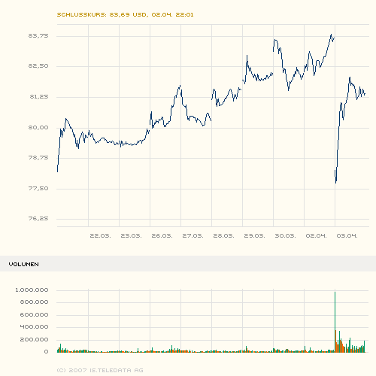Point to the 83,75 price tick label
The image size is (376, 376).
[x=38, y=35]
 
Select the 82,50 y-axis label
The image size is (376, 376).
[x=38, y=66]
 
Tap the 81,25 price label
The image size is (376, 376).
[x=38, y=96]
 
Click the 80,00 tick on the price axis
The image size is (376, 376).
[x=38, y=127]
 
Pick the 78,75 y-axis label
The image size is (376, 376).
[x=38, y=158]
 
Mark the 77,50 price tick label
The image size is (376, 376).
[x=38, y=188]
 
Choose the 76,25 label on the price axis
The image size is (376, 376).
[x=38, y=219]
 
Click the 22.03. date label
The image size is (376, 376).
[x=100, y=236]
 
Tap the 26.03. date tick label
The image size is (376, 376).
[x=162, y=236]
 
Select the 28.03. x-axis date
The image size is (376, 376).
[x=223, y=236]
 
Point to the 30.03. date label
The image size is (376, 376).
[x=285, y=236]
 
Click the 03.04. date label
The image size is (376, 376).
[x=347, y=236]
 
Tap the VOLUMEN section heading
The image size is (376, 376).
[x=24, y=265]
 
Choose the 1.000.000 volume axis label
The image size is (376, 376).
[x=32, y=290]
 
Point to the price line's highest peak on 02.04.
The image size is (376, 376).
[x=332, y=35]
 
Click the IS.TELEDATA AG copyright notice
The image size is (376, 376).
[x=99, y=370]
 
